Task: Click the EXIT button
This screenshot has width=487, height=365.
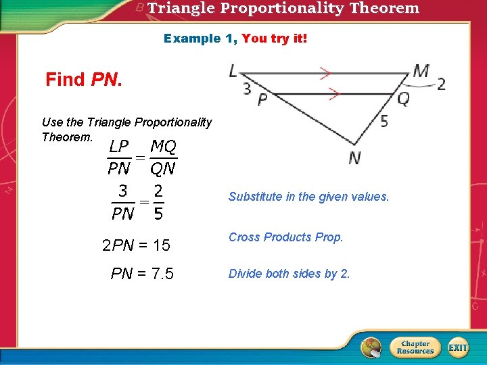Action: (458, 347)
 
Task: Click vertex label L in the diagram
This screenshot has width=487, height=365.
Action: (234, 71)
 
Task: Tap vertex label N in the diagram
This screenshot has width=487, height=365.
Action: (354, 158)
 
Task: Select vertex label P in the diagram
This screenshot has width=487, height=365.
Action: (262, 99)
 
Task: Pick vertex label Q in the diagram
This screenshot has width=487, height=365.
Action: (403, 99)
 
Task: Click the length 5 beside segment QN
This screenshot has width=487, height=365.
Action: (384, 122)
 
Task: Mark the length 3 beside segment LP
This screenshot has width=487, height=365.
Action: (246, 88)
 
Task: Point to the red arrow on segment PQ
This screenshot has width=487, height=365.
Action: (333, 95)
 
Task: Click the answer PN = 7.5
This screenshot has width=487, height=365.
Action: (142, 274)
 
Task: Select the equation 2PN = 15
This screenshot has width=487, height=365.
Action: (136, 245)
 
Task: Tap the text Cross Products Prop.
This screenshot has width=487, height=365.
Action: (285, 237)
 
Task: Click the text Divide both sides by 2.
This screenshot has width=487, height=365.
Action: (289, 274)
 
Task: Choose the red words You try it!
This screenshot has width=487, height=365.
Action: (274, 39)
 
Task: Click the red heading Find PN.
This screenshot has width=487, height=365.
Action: (84, 80)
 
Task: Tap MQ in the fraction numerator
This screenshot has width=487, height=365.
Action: (163, 146)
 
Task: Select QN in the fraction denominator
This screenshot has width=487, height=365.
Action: (163, 167)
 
